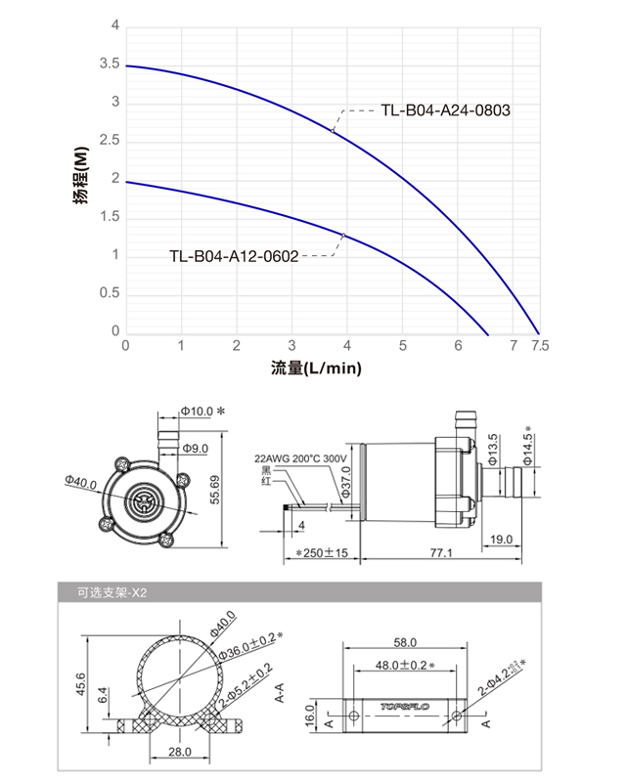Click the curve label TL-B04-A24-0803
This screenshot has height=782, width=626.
(444, 110)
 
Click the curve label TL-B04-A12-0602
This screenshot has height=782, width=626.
(233, 257)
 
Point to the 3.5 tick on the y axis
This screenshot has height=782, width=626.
(109, 65)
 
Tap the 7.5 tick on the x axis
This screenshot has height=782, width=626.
(540, 346)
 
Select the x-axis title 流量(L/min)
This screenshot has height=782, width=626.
(317, 369)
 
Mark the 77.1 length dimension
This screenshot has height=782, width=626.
(441, 553)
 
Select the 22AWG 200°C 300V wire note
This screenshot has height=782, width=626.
(305, 456)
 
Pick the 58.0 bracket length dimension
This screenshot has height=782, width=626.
(405, 642)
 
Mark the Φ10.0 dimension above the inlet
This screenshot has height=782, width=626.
(197, 412)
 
